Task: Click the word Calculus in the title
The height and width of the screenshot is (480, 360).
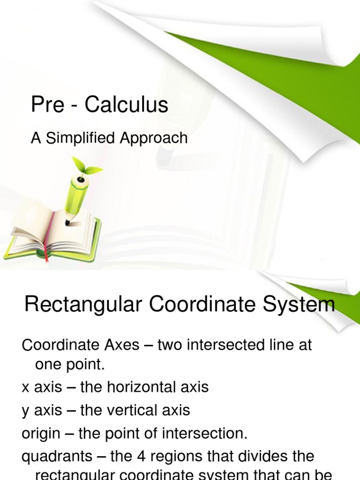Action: [x=126, y=105]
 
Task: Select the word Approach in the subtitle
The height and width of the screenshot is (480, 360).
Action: [x=157, y=138]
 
